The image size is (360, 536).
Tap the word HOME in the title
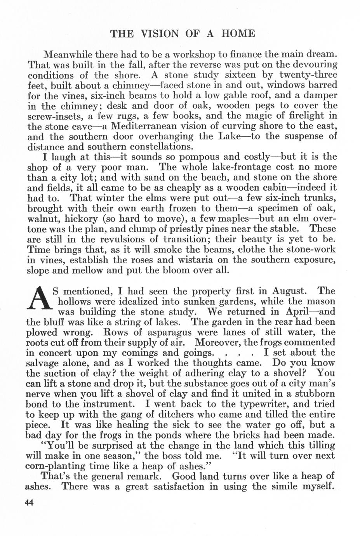coord(238,33)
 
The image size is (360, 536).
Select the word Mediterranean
coord(144,126)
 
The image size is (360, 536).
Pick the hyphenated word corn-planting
coord(57,466)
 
